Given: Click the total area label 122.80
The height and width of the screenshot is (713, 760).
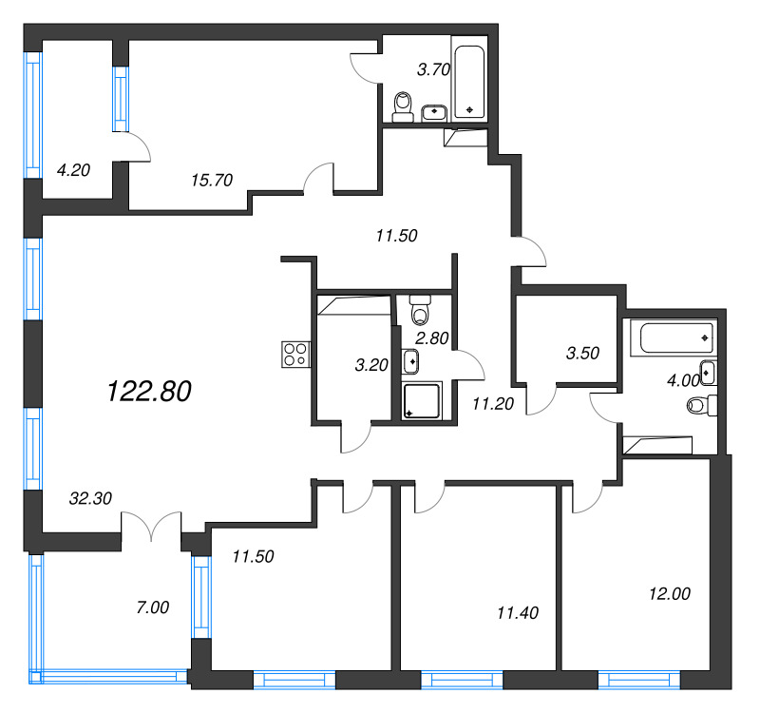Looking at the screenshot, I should click(x=150, y=391).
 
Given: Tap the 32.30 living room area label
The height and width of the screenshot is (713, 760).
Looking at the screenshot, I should click(x=91, y=496).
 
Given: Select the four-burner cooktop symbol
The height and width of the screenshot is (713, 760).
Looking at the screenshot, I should click(x=294, y=355).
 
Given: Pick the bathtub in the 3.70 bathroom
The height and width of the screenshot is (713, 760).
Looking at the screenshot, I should click(x=470, y=82).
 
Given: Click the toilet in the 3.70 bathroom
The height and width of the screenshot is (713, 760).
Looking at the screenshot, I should click(x=403, y=105).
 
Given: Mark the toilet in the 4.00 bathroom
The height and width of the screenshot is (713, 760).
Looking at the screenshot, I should click(x=698, y=407).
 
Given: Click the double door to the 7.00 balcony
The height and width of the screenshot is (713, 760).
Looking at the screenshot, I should click(x=151, y=525).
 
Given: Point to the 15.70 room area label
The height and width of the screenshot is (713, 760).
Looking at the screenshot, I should click(x=211, y=179).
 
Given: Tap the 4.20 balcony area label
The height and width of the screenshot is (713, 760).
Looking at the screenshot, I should click(x=73, y=171).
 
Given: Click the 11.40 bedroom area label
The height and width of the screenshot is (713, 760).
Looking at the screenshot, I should click(x=518, y=612).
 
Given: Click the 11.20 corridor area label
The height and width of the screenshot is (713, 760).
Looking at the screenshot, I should click(x=492, y=403).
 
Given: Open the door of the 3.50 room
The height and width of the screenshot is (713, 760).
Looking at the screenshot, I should click(x=541, y=400).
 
